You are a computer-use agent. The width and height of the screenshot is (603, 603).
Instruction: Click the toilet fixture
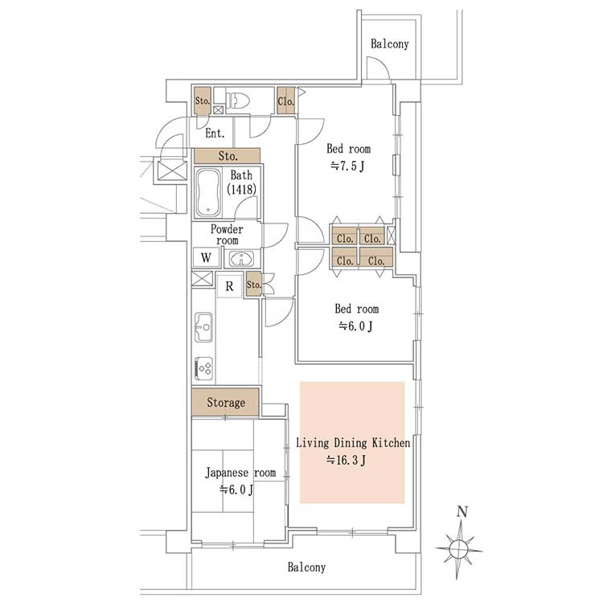point(238,100)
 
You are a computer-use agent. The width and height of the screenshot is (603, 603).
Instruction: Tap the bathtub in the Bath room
point(208,194)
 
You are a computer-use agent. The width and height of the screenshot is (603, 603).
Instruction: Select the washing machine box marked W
point(206,257)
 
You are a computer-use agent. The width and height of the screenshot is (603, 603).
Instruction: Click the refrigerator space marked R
point(230,285)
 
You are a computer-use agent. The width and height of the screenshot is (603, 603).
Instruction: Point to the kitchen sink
point(203,327)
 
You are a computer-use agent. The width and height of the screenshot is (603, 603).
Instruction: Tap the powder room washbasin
point(241,258)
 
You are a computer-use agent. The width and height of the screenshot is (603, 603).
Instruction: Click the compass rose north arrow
point(460,544)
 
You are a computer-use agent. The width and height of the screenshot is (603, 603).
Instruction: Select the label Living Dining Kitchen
point(353,443)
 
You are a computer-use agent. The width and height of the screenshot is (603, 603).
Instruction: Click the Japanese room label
point(240,473)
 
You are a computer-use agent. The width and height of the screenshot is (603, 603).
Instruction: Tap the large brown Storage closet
point(225,402)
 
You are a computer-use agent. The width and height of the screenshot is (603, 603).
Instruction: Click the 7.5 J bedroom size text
point(347,166)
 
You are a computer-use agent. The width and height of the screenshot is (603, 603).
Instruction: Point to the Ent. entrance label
point(215,133)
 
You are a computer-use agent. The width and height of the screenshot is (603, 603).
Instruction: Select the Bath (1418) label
point(241,183)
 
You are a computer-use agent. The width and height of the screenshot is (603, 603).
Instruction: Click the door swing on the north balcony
point(378,68)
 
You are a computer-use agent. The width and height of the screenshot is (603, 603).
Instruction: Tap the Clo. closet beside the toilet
point(285,100)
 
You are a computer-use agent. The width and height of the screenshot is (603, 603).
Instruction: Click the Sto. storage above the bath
point(228,156)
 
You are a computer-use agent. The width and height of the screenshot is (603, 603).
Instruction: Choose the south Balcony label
point(306,568)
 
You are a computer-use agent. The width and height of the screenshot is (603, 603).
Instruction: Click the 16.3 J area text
point(346,460)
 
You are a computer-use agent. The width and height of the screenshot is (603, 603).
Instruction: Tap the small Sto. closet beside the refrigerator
point(253,285)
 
